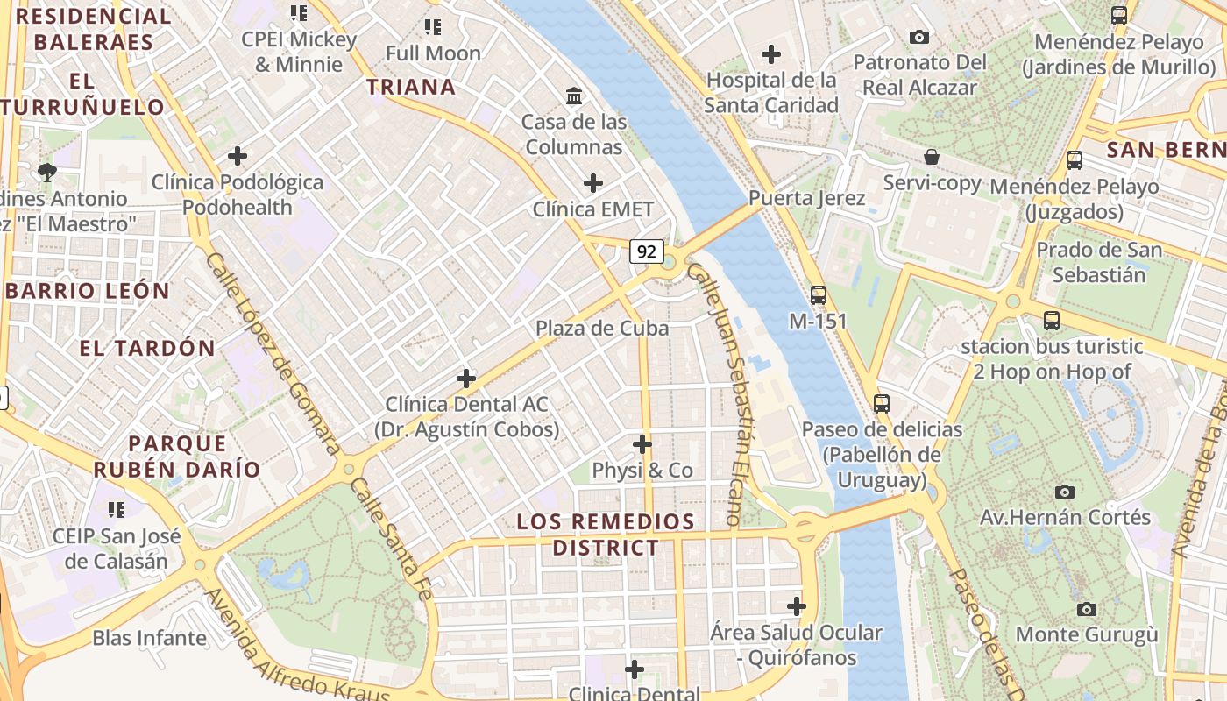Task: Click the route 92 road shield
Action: click(646, 252)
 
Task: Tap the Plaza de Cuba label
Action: click(602, 329)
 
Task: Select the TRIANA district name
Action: click(411, 87)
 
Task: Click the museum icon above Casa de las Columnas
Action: click(574, 95)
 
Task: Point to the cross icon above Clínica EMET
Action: click(593, 183)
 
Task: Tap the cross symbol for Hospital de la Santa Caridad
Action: click(771, 54)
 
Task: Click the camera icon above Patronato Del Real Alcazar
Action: click(919, 37)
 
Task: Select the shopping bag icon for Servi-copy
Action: click(932, 157)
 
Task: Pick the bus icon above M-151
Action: click(819, 295)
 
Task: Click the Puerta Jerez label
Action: click(807, 198)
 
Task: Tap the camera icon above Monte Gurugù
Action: click(1087, 609)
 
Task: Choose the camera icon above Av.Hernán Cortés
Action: click(1065, 492)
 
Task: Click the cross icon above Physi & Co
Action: click(642, 444)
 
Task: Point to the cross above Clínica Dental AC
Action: click(466, 379)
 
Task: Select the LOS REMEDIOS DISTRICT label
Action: click(606, 535)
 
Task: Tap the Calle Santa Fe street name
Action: click(391, 539)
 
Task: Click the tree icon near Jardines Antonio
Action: click(47, 171)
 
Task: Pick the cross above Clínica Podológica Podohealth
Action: click(237, 157)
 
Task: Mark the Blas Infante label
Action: click(150, 638)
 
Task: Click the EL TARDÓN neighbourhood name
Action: click(147, 348)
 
